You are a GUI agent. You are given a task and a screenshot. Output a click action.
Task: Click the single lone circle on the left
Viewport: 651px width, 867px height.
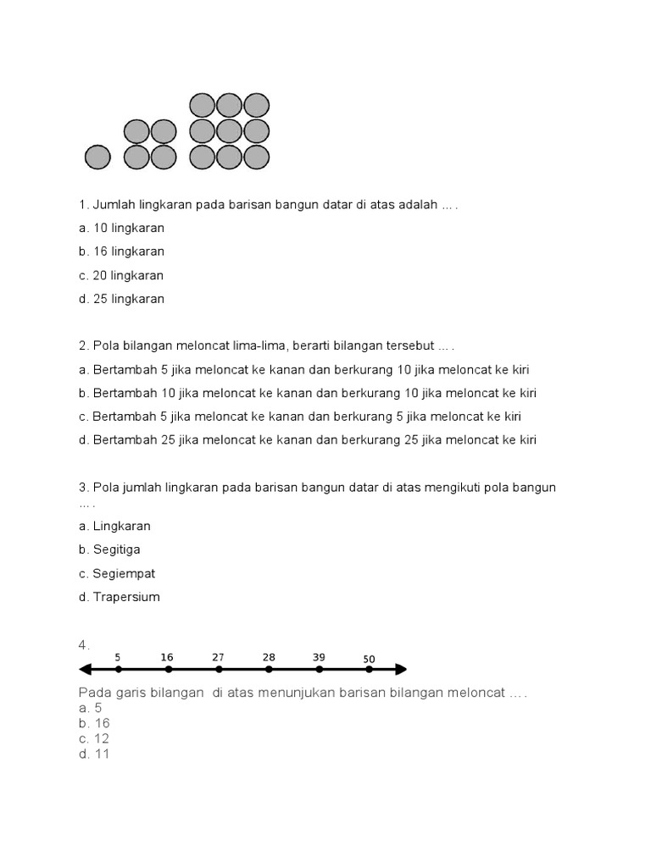click(x=98, y=157)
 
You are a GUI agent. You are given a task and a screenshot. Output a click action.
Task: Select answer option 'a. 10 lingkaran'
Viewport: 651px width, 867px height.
click(x=121, y=228)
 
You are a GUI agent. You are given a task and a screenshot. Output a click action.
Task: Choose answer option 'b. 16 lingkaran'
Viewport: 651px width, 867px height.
click(x=121, y=251)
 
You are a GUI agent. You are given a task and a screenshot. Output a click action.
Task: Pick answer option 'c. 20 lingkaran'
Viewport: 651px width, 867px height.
click(x=121, y=275)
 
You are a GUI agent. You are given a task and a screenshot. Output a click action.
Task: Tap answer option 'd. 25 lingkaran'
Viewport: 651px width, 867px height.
click(x=121, y=299)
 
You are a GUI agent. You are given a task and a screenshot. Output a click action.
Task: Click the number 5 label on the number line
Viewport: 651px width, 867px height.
click(x=118, y=657)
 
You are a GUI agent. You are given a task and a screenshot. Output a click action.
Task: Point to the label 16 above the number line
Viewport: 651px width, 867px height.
click(x=167, y=657)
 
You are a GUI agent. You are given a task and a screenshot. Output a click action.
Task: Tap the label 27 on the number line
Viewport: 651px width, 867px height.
click(x=218, y=657)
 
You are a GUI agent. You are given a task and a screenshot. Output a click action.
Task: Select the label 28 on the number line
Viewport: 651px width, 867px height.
click(x=269, y=657)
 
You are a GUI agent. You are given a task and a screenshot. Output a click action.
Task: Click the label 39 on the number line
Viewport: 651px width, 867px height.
click(x=319, y=657)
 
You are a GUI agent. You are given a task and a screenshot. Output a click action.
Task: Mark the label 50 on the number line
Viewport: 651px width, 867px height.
click(x=369, y=659)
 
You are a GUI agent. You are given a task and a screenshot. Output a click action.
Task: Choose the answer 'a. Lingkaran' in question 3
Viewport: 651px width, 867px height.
click(x=114, y=526)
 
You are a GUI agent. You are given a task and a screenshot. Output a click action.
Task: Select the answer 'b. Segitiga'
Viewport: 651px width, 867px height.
click(x=109, y=549)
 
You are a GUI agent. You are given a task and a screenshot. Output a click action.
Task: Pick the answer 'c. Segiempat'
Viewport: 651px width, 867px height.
click(x=117, y=573)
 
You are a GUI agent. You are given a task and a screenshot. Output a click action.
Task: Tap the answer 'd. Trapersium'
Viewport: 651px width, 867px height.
click(x=119, y=597)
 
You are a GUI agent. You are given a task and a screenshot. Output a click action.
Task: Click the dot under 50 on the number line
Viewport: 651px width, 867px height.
click(x=369, y=669)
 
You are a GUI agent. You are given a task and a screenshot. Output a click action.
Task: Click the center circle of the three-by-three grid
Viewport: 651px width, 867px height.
click(x=229, y=131)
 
